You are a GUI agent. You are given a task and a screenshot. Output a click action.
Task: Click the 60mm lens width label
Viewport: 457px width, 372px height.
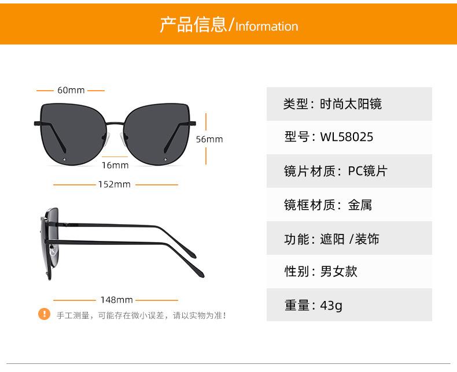coord(71,90)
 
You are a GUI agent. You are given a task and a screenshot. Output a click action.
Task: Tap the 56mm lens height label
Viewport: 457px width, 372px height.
coord(209,139)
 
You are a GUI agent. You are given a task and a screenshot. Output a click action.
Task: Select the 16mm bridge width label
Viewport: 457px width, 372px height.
coord(115,165)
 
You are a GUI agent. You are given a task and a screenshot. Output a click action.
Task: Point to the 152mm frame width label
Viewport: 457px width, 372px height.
coord(115,184)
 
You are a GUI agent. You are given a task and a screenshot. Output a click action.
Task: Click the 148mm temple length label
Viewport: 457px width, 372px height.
coord(116,300)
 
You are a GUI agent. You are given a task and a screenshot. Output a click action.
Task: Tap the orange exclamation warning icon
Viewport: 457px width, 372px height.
coord(45,314)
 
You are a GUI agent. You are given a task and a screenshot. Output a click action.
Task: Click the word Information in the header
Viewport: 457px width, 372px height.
coord(267,27)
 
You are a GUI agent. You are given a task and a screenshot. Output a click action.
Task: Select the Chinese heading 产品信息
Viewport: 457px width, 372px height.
coord(193,25)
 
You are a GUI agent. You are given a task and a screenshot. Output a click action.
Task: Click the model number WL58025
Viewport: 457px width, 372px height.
coord(347,137)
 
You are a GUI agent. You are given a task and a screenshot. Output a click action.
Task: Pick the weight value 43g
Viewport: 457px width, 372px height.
coord(331,305)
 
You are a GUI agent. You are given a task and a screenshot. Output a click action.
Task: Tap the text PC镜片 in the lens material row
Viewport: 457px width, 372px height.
coord(367,171)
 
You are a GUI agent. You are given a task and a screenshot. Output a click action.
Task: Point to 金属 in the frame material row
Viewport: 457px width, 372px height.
coord(360,204)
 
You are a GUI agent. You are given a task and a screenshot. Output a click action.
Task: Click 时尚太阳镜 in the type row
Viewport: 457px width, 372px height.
coord(351,104)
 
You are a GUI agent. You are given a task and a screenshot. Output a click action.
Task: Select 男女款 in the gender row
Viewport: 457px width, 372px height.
coord(339,271)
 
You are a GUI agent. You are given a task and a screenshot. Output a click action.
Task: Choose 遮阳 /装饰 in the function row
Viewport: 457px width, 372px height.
coord(349,238)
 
